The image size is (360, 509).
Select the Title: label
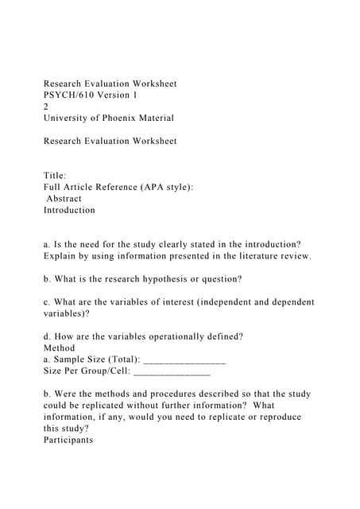point(55,176)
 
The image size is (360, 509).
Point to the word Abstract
point(64,199)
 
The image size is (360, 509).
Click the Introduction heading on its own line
point(69,210)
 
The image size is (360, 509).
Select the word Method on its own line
point(60,348)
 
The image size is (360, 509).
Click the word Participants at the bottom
point(68,440)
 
